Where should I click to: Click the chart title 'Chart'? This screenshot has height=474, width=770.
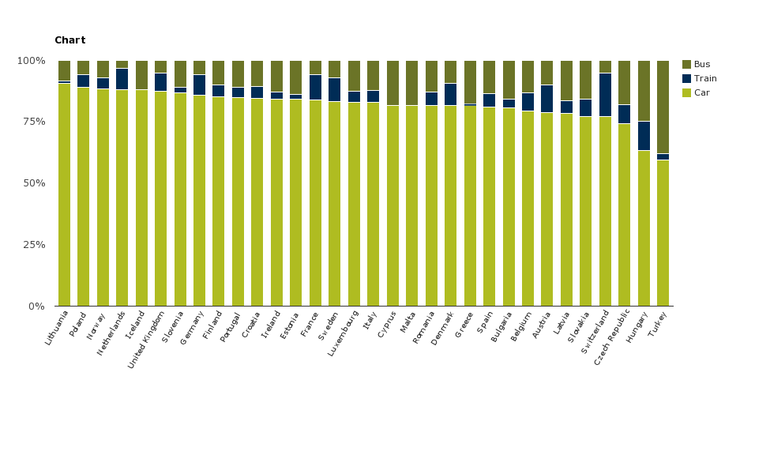click(69, 40)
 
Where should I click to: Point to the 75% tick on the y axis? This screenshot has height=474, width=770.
click(32, 122)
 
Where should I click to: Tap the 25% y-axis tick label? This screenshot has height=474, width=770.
click(32, 245)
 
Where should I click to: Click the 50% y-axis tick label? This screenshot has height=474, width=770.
click(32, 183)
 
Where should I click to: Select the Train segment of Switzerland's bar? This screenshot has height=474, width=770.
click(605, 95)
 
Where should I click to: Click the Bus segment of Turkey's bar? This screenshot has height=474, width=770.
click(663, 107)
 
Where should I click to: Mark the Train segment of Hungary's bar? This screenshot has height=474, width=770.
click(644, 136)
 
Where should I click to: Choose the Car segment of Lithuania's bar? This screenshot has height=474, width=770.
click(64, 194)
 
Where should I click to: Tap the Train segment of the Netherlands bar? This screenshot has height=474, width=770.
click(122, 79)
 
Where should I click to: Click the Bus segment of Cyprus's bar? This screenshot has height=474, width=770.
click(393, 83)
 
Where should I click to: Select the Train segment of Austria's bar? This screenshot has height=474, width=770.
click(547, 99)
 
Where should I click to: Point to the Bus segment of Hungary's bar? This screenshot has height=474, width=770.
click(644, 91)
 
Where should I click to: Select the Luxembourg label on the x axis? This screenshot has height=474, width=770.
click(344, 333)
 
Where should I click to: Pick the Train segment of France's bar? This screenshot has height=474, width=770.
click(315, 87)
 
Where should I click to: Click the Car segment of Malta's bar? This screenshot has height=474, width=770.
click(411, 205)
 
